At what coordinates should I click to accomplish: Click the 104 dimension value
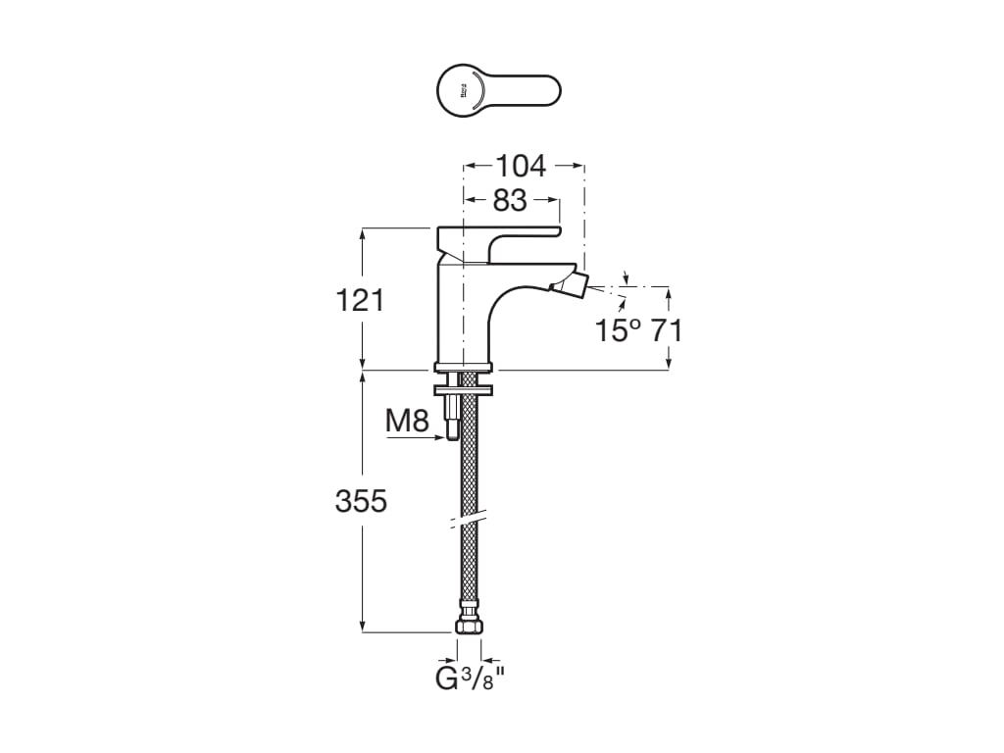point(521,166)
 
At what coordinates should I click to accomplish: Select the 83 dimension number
point(510,200)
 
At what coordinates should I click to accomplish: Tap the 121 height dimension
point(361,299)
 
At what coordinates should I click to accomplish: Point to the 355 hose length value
point(361,501)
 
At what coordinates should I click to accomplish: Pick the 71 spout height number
point(667,330)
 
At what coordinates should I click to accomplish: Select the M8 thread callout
point(407,422)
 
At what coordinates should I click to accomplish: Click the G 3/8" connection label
point(470,678)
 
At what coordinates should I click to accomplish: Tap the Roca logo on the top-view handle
point(462,91)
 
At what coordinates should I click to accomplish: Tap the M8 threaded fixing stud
point(451,417)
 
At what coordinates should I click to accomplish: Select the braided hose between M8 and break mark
point(470,461)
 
